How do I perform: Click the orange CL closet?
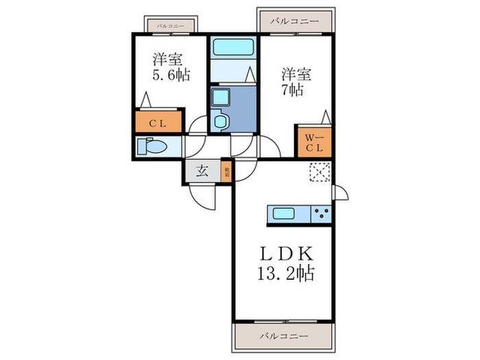tap(158, 123)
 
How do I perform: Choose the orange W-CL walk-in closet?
tap(314, 142)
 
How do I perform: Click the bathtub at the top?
tap(233, 48)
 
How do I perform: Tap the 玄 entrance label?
tap(203, 171)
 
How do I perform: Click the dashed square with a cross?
tap(320, 173)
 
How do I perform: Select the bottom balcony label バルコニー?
tap(283, 336)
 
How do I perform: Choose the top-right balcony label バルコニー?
tap(294, 21)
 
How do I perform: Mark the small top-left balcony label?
tap(170, 25)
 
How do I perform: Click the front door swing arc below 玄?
tap(203, 197)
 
